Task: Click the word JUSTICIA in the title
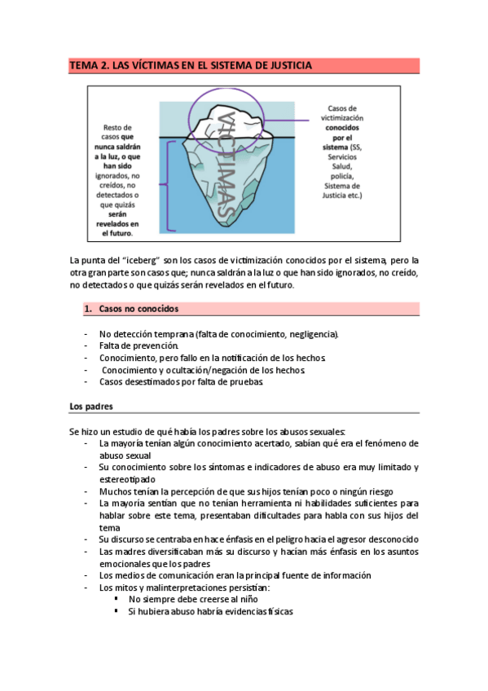coord(286,66)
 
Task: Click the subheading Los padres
coord(91,406)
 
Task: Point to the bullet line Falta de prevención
coord(138,346)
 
